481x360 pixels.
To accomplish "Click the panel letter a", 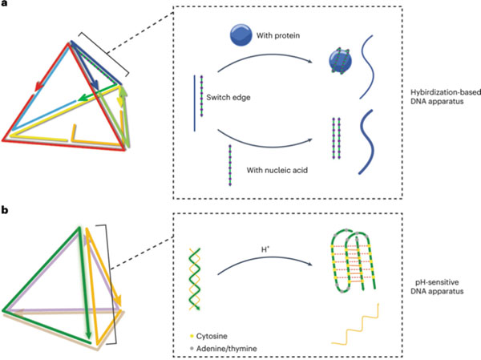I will coord(5,6).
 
